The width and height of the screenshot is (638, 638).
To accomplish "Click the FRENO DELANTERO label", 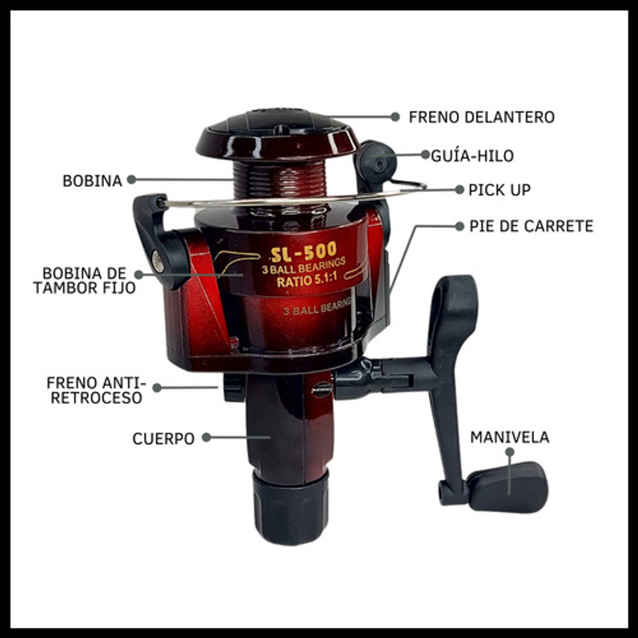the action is click(x=481, y=117).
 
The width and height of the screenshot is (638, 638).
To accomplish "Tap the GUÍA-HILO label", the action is click(x=472, y=156).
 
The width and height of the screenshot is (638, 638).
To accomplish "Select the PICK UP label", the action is click(x=500, y=190).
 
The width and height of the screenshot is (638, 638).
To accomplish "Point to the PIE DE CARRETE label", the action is click(x=531, y=226).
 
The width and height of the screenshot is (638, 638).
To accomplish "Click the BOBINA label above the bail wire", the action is click(x=93, y=181).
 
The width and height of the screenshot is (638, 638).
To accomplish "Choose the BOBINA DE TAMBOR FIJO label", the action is click(x=84, y=280).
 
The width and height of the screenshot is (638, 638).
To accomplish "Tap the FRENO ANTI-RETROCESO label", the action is click(x=96, y=390).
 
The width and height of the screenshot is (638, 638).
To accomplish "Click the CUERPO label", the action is click(x=163, y=439).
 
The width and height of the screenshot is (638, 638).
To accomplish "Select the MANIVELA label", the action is click(x=510, y=438).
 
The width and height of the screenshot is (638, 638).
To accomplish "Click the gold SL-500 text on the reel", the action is click(x=304, y=252).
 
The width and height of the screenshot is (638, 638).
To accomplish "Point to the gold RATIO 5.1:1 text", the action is click(x=307, y=280).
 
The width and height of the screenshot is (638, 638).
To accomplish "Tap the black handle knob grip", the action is click(x=508, y=487).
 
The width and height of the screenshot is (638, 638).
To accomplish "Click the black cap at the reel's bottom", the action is click(x=290, y=508).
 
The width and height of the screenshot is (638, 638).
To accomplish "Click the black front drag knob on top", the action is click(x=277, y=122).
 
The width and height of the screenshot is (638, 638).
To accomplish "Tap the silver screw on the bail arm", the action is click(x=158, y=261).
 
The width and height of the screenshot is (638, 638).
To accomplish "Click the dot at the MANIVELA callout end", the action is click(x=509, y=452).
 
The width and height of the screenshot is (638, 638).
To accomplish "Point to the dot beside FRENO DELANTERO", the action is click(x=395, y=117).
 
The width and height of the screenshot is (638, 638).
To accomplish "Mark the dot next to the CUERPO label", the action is click(x=206, y=438).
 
